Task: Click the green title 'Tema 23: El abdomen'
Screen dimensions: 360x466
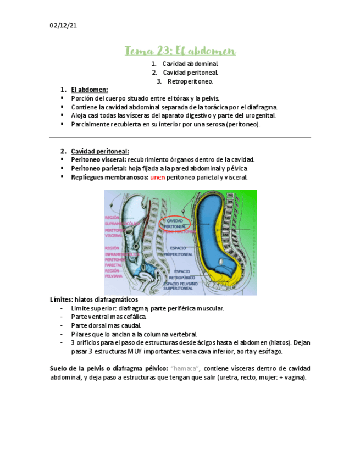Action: pos(180,51)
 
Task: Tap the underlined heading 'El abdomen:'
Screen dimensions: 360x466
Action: pos(89,90)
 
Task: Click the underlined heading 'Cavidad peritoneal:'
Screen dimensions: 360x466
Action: pos(100,151)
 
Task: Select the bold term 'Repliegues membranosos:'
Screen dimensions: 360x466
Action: pos(109,177)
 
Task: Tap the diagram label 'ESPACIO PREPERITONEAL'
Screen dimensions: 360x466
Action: pos(181,251)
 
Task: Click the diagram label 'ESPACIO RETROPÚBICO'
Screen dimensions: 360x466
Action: pos(182,274)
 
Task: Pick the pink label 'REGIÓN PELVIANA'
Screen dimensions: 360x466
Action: pos(113,273)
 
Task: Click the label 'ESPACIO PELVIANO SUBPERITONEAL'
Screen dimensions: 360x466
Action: pos(181,285)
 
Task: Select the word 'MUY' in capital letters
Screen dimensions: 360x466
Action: pos(135,351)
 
